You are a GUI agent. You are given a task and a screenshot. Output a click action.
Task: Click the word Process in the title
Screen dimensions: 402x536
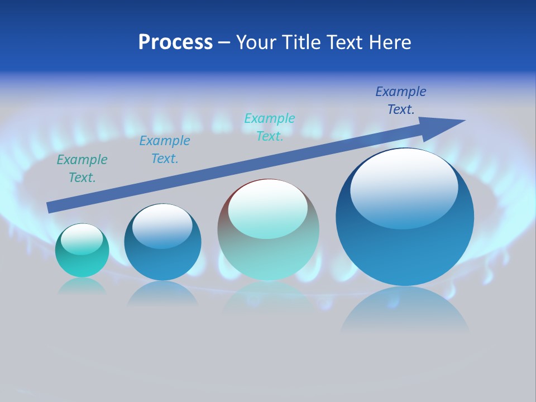[175, 42]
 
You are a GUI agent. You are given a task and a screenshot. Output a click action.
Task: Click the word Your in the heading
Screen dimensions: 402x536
[257, 42]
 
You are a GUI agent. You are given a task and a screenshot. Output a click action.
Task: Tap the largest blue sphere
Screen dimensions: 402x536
[405, 218]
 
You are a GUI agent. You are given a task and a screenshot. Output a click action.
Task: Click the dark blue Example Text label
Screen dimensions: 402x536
[401, 100]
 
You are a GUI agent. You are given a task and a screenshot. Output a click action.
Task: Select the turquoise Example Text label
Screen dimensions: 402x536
[270, 127]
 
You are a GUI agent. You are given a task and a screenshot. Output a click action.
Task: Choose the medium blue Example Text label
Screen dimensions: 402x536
[165, 150]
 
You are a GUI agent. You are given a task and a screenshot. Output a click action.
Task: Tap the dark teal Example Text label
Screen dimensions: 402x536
[82, 169]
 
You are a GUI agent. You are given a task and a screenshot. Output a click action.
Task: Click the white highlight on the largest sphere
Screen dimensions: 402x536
[404, 187]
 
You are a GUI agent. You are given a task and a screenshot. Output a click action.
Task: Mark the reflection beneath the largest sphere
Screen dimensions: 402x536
[405, 310]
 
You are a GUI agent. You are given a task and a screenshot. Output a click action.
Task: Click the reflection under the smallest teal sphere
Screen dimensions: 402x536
[82, 286]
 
